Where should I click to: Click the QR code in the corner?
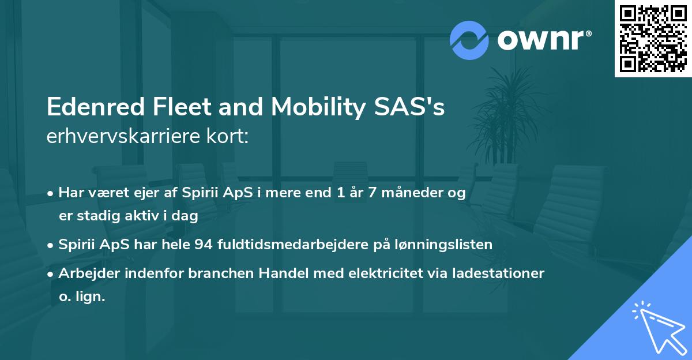click(653, 38)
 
